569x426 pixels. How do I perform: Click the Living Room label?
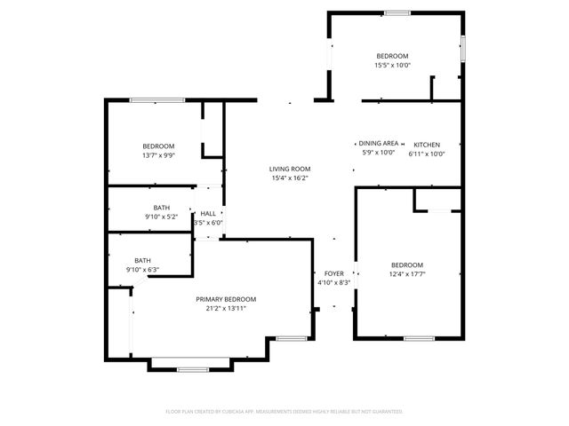pos(290,169)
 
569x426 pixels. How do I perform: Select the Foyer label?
pos(333,273)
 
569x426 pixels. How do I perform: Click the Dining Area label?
pos(379,144)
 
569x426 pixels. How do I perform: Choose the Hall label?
pos(208,214)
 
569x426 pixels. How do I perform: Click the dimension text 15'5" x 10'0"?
pos(393,65)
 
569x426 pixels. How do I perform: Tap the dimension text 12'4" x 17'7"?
pos(407,274)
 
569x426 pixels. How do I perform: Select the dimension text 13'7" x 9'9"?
pos(158,154)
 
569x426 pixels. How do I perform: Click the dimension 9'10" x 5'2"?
pos(161,217)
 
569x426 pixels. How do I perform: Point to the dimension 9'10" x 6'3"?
pos(142,269)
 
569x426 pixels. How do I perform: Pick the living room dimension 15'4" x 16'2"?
pos(290,177)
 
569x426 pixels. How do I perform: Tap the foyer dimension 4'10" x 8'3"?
pos(333,282)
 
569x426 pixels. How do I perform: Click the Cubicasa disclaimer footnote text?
pos(284,412)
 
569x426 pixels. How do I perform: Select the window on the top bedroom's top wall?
pos(397,12)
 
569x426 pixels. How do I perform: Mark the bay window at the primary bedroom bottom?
pos(190,368)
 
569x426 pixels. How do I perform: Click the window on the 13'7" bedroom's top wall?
pos(157,100)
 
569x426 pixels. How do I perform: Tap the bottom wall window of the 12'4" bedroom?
pos(418,338)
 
